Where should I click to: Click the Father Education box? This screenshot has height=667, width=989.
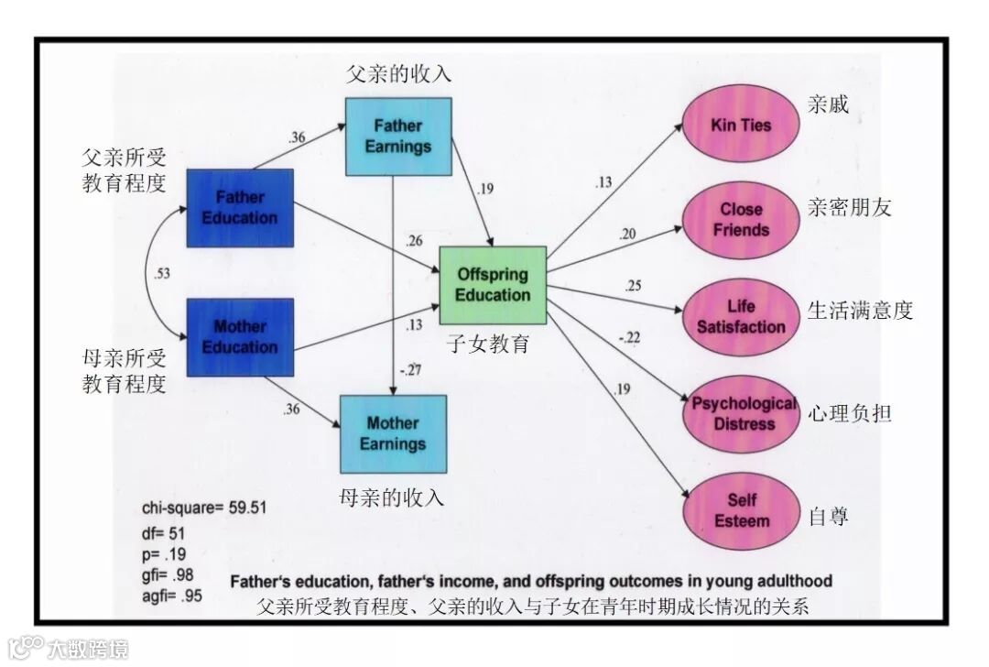click(x=240, y=208)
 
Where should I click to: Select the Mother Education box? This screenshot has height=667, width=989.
click(x=240, y=337)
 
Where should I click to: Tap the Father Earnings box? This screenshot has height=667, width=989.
click(x=398, y=137)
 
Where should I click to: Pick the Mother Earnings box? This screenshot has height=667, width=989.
click(x=393, y=433)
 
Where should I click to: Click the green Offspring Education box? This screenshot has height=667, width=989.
click(x=493, y=285)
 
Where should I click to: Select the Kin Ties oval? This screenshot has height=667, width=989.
click(x=741, y=125)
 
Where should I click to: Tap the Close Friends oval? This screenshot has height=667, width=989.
click(x=741, y=220)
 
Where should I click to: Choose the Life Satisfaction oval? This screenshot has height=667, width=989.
click(x=741, y=317)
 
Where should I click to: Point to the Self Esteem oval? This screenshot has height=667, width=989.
click(x=741, y=510)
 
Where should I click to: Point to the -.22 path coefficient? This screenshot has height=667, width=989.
click(x=629, y=338)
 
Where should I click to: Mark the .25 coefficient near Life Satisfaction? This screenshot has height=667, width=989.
click(x=633, y=286)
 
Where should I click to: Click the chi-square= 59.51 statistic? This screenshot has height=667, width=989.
click(x=204, y=508)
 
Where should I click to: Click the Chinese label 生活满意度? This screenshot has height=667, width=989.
click(x=860, y=310)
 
